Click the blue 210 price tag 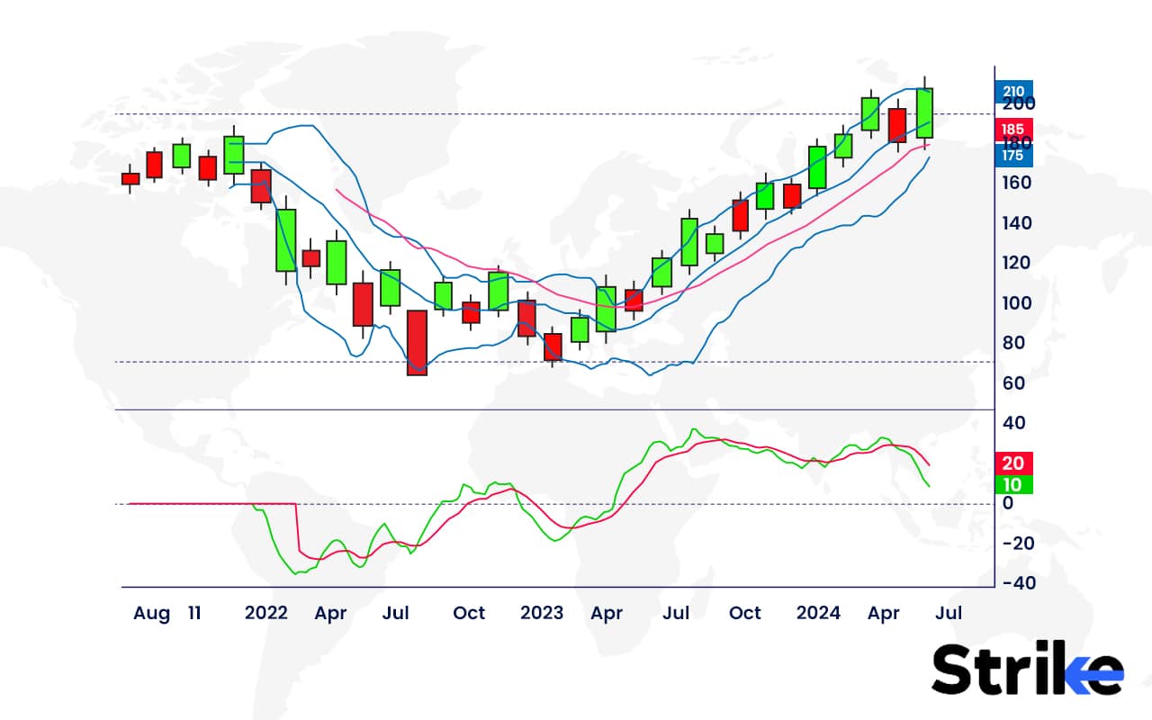tap(1013, 90)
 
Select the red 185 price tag tap(1013, 130)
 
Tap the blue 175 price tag tap(1013, 156)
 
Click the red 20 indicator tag tap(1013, 463)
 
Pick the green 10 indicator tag tap(1013, 485)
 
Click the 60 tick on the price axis tap(1013, 382)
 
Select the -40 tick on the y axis tap(1017, 582)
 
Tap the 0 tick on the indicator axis tap(1008, 503)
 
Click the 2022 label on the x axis tap(265, 614)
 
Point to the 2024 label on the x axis tap(818, 614)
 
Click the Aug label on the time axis tap(151, 614)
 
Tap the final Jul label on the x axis tap(949, 614)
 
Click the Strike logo tap(1027, 670)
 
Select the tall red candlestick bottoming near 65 tap(417, 342)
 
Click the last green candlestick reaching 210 tap(924, 112)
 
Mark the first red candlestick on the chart tap(130, 178)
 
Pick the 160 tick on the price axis tap(1017, 183)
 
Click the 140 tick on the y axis tap(1017, 222)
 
